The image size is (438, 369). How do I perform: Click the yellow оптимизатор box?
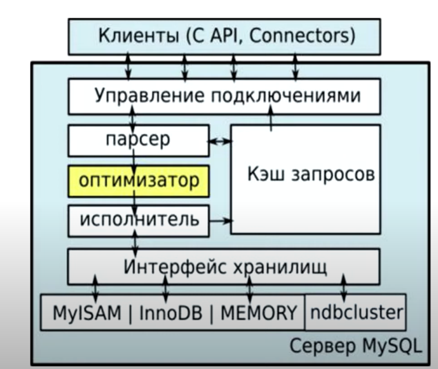[x=139, y=181]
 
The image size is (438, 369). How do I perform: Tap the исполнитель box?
[x=139, y=220]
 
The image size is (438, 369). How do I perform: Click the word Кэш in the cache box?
[x=266, y=174]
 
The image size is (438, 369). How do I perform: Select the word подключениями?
[x=286, y=96]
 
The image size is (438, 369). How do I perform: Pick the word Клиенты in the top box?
[x=139, y=36]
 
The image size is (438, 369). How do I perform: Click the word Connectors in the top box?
[x=302, y=36]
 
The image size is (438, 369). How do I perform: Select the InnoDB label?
[x=171, y=313]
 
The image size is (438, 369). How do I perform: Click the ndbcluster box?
[x=356, y=312]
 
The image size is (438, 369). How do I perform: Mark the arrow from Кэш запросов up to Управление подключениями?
[x=271, y=118]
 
